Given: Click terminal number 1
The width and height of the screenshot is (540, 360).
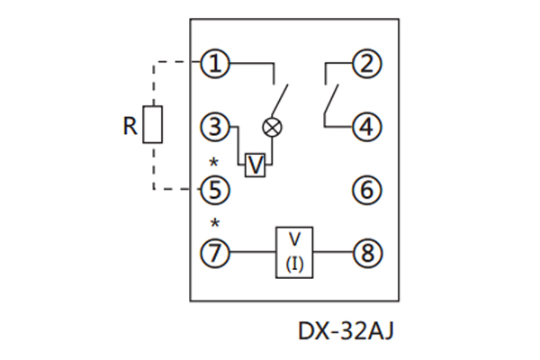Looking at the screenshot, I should [215, 64].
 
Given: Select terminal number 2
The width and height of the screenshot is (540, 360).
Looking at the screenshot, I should [365, 64].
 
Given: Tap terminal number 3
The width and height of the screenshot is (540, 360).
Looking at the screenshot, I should [215, 127].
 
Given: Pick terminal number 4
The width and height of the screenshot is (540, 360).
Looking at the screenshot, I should [365, 127].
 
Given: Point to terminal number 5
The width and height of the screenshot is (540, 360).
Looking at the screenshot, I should [215, 190].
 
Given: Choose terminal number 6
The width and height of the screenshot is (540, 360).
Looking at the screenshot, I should [365, 190].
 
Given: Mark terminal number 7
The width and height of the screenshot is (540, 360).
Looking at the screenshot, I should [215, 253].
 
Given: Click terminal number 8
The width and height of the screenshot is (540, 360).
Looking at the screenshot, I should [365, 253].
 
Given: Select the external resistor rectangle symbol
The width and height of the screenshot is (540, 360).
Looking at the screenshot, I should [154, 125].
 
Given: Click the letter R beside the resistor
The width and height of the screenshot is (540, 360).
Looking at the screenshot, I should [130, 127].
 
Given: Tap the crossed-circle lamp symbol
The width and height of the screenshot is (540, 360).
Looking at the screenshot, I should [270, 128].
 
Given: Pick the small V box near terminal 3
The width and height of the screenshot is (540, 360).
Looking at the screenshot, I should [256, 165].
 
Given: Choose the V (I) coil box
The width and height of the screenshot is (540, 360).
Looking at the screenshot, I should [294, 252].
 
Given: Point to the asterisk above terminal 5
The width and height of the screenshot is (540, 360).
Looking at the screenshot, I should [214, 163].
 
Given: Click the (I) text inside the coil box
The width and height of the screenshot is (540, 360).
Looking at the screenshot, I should [294, 264].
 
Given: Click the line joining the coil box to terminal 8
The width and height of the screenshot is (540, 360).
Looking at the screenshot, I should [332, 253].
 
